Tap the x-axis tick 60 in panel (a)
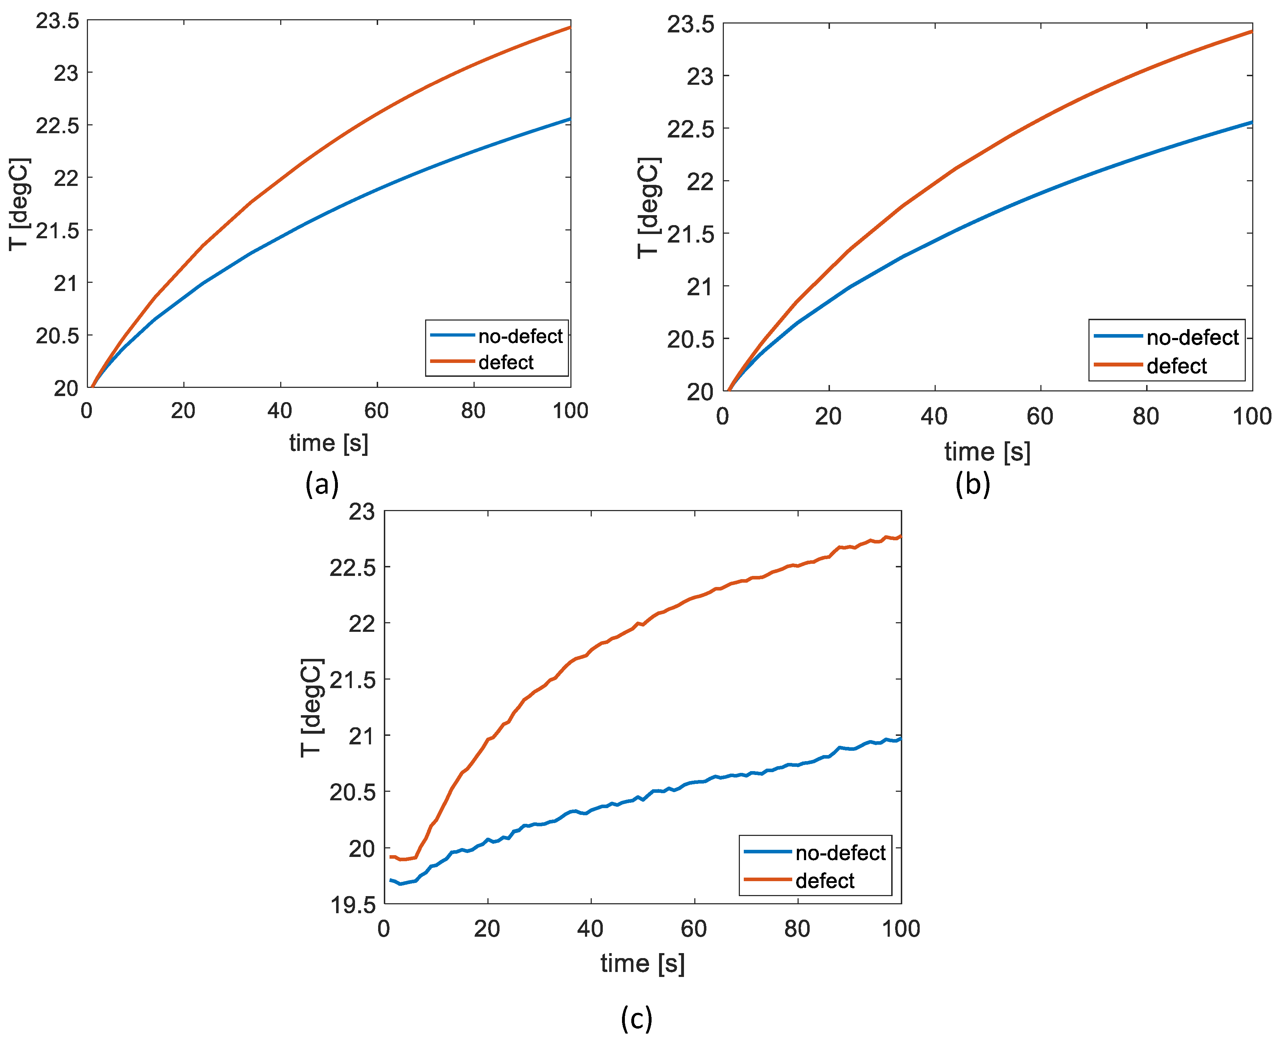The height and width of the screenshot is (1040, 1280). point(377,411)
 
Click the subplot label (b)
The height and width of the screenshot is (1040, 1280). point(973,484)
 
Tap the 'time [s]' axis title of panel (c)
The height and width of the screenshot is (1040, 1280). point(642,964)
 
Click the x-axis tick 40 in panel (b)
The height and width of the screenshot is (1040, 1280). point(934,416)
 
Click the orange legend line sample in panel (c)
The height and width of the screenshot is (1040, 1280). point(768,879)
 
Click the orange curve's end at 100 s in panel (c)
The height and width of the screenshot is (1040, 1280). point(900,536)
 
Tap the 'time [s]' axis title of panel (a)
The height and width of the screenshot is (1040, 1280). point(328,443)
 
